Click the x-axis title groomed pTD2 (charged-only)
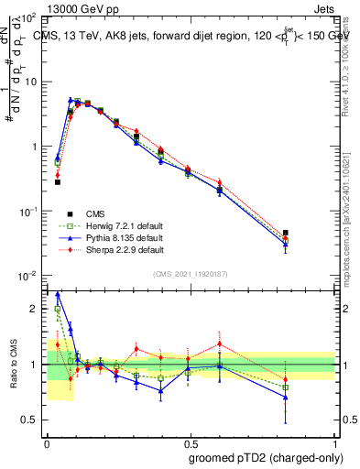click(267, 457)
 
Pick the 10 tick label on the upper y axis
click(33, 82)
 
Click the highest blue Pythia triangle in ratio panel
click(58, 295)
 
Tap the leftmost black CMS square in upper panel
click(58, 182)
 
